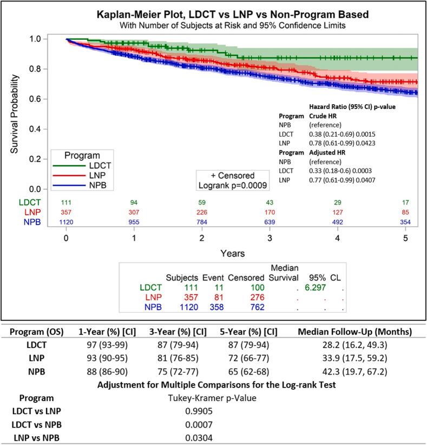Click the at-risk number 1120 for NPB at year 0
click(66, 221)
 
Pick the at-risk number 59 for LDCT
click(201, 202)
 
